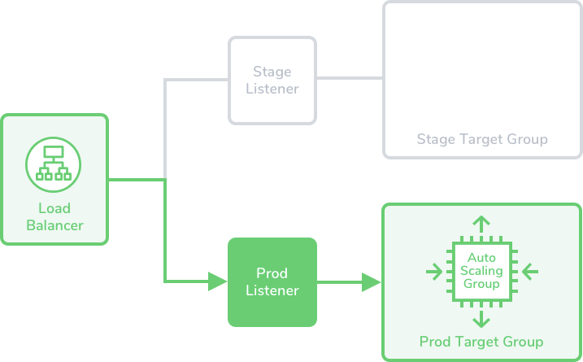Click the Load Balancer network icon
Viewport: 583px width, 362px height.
(54, 161)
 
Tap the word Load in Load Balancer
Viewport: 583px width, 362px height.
(54, 208)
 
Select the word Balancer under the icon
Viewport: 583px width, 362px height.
(54, 225)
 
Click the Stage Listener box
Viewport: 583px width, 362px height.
(272, 80)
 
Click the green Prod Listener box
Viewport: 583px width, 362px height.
(272, 281)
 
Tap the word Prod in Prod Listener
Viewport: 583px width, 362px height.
(272, 273)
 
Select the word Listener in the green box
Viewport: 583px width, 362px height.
(272, 290)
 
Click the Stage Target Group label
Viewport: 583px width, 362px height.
(481, 139)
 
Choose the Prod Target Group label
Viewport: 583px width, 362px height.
(481, 341)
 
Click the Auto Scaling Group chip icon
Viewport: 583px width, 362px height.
(481, 270)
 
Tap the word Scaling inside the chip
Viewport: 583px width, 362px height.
(481, 270)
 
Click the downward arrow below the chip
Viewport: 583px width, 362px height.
(481, 317)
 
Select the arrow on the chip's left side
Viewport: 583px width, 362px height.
(434, 270)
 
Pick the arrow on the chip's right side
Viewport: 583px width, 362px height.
(529, 270)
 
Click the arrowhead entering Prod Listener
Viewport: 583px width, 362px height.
(218, 281)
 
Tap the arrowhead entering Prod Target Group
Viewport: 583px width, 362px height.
(372, 282)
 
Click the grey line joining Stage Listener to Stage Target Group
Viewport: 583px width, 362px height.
(350, 79)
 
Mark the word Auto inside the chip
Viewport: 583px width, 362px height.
(481, 257)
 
